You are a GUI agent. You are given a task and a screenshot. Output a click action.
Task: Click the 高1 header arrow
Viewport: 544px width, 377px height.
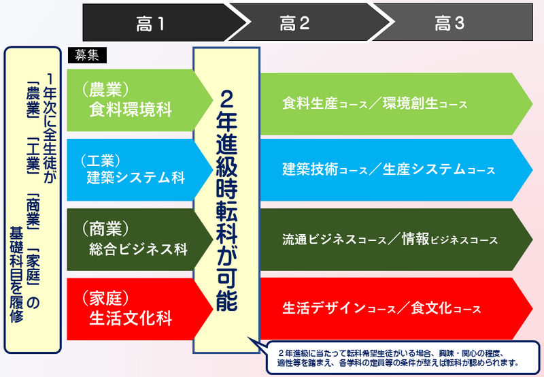point(163,22)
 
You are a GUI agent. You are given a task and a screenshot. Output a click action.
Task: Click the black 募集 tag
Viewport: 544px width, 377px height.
point(87,55)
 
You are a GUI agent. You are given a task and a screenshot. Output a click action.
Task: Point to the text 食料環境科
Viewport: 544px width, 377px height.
point(131,110)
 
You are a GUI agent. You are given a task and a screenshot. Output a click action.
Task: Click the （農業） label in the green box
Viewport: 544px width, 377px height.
point(105,89)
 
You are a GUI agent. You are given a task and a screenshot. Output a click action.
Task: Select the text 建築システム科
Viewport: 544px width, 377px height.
point(135,178)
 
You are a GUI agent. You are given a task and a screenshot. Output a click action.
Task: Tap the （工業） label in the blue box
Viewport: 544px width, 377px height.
point(101,161)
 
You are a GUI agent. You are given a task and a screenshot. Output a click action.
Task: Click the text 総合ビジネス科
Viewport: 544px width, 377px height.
point(138,249)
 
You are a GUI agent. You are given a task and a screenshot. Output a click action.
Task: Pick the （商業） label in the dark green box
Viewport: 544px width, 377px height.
point(105,229)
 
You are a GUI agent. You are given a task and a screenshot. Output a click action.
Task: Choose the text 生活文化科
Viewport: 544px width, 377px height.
point(131,318)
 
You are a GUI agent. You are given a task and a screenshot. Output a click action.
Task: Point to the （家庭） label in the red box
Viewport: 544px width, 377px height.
point(105,298)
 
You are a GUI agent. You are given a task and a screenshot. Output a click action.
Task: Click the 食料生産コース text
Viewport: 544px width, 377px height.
point(325,103)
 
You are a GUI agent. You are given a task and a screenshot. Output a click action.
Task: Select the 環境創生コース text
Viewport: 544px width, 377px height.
point(426,103)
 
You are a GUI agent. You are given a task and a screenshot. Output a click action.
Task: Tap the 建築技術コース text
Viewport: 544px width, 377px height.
point(325,169)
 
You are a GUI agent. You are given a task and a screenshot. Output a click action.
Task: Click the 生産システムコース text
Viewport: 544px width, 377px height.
point(439,169)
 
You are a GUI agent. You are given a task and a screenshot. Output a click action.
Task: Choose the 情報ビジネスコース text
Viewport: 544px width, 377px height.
point(449,240)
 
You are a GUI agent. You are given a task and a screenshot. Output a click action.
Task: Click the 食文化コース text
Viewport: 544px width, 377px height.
point(446,308)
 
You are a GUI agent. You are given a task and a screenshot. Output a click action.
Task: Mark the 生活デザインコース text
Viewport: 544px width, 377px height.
point(339,308)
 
